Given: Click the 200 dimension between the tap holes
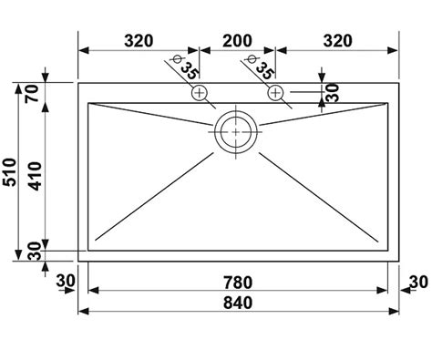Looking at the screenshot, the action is pyautogui.click(x=237, y=41).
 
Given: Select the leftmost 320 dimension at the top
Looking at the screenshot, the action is pyautogui.click(x=139, y=41).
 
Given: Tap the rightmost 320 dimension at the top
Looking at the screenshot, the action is pyautogui.click(x=338, y=41).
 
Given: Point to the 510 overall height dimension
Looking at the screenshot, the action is pyautogui.click(x=9, y=172).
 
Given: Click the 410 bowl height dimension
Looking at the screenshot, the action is pyautogui.click(x=36, y=176).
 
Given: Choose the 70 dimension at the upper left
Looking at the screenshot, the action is pyautogui.click(x=32, y=94).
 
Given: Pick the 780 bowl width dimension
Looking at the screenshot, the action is pyautogui.click(x=238, y=283).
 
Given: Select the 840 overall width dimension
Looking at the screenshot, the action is pyautogui.click(x=238, y=303).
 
